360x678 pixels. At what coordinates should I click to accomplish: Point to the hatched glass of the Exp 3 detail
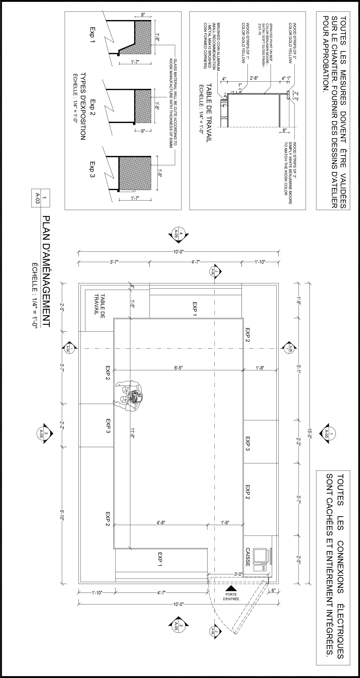135,173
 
